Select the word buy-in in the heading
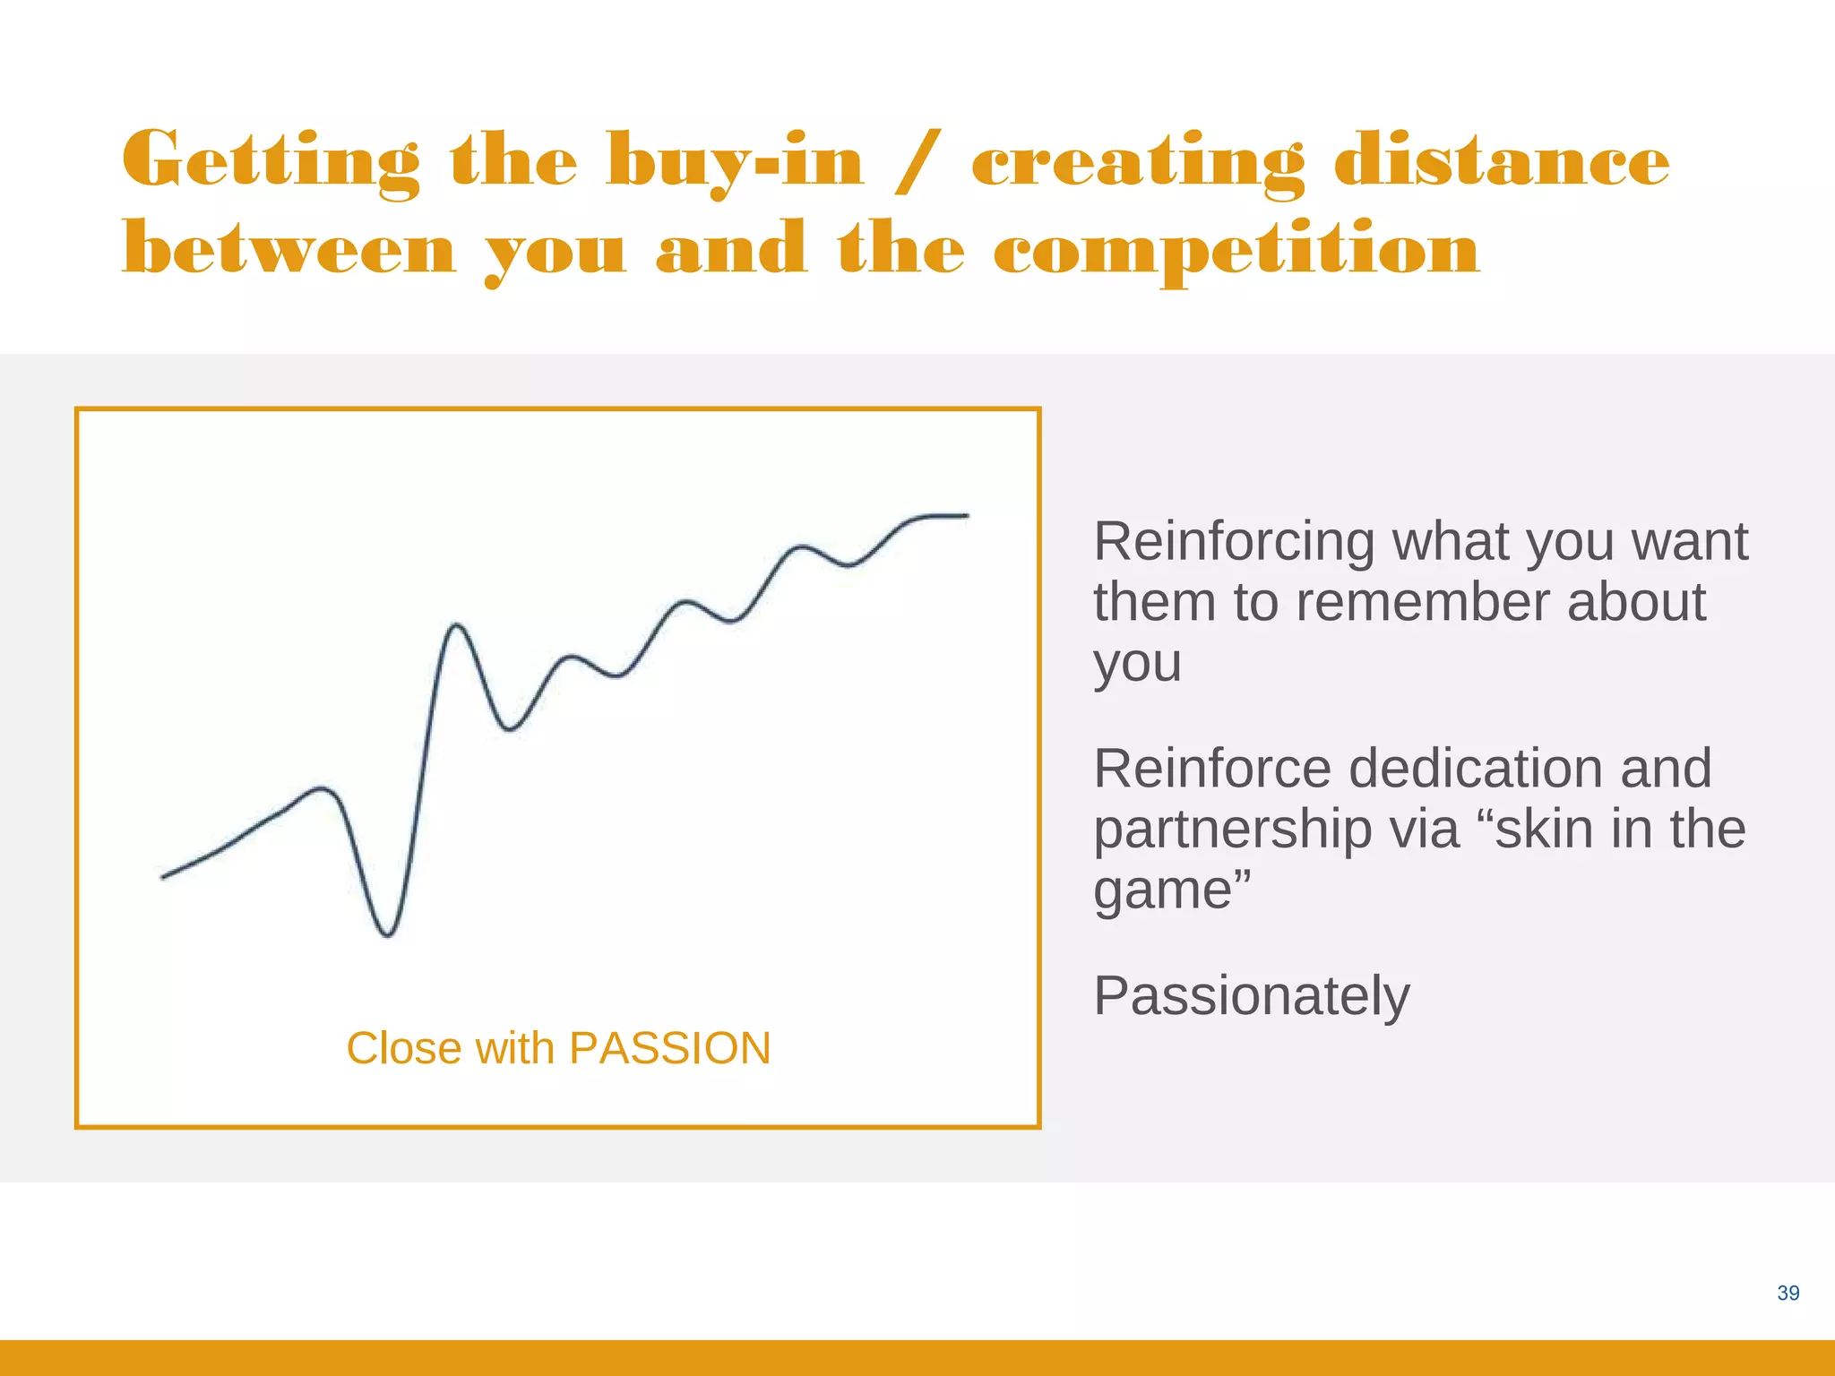tap(735, 161)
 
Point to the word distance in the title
tap(1502, 161)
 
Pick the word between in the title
tap(289, 249)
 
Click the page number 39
tap(1788, 1293)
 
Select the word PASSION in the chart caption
tap(669, 1048)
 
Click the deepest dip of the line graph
tap(387, 935)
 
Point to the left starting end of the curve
tap(163, 877)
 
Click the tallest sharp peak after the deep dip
tap(457, 625)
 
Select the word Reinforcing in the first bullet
tap(1234, 542)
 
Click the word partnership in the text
tap(1232, 830)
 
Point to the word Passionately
tap(1251, 996)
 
